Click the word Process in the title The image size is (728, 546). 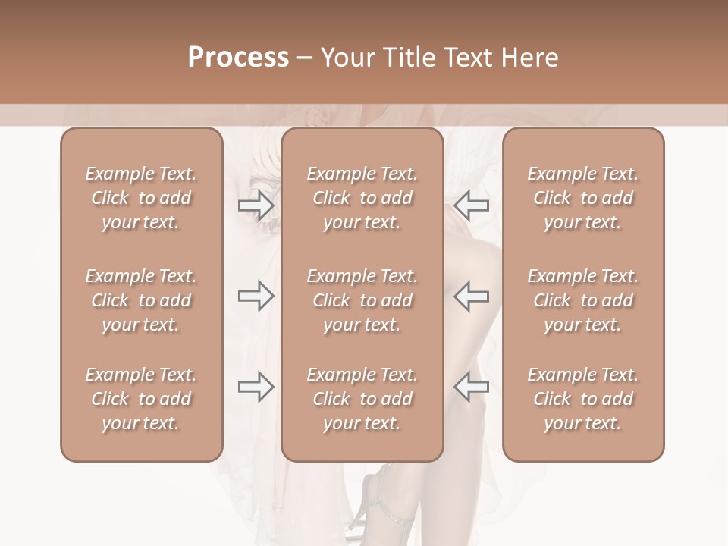coord(238,58)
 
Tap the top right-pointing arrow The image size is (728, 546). coord(256,206)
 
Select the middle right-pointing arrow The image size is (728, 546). coord(256,296)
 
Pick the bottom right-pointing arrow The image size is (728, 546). coord(256,387)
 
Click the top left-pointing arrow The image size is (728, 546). coord(472,206)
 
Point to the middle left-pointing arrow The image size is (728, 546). coord(472,296)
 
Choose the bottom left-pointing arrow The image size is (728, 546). coord(472,387)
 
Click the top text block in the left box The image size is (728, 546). coord(141,198)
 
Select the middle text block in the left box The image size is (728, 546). coord(141,300)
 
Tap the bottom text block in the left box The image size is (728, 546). coord(141,399)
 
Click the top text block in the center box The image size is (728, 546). coord(362,198)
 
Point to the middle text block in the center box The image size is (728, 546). coord(362,300)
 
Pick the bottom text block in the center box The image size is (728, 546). coord(362,399)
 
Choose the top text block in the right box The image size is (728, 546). coord(582,198)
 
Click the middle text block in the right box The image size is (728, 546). coord(582,300)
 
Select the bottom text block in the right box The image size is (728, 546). coord(582,399)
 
